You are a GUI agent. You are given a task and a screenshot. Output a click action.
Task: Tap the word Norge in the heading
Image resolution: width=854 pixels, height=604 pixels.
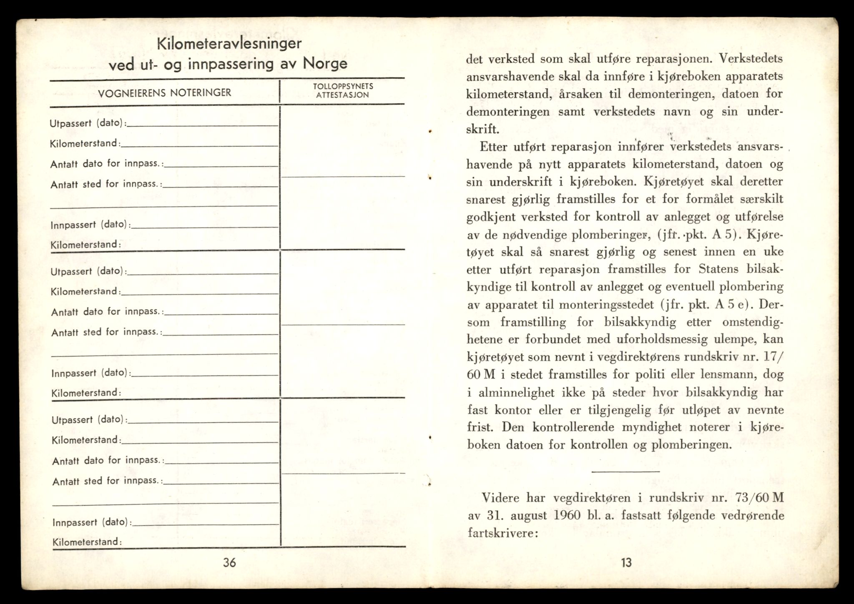(x=325, y=64)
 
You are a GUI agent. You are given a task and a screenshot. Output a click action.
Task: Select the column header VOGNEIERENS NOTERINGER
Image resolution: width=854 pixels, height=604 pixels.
(x=164, y=93)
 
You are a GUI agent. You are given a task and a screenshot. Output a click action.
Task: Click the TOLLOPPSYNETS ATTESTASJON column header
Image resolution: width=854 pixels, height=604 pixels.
(x=343, y=90)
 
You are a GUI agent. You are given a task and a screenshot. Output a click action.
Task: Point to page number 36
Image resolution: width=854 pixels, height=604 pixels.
(x=229, y=563)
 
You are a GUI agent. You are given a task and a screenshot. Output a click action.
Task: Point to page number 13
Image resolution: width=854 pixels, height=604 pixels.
(x=626, y=563)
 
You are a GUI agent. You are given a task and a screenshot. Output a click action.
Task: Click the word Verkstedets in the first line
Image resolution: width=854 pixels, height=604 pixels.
(x=751, y=58)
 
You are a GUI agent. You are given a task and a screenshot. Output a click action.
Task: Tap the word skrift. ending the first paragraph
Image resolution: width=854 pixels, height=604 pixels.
(x=482, y=129)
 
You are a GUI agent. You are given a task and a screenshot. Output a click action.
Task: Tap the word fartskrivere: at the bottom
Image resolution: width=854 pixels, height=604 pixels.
(x=501, y=533)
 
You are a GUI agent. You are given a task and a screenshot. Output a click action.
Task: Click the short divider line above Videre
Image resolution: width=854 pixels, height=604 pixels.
(x=625, y=471)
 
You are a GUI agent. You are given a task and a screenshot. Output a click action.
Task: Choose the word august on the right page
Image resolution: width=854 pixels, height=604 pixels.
(x=527, y=516)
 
